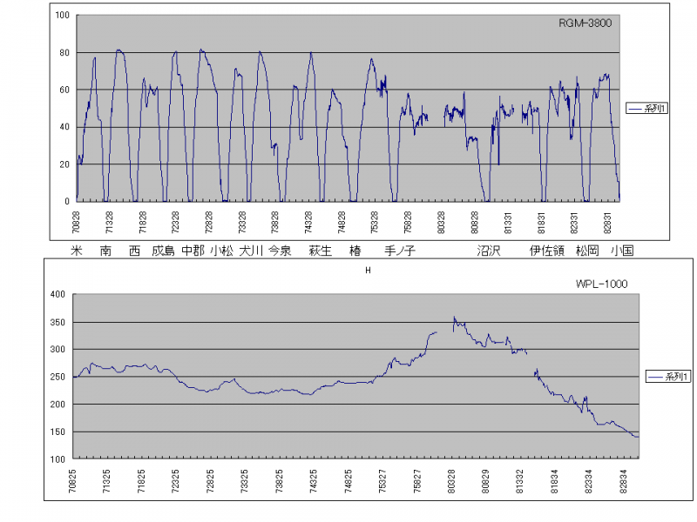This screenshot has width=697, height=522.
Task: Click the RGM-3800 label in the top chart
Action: [585, 23]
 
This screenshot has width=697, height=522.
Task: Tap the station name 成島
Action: [163, 251]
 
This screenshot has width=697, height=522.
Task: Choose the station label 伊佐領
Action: [546, 251]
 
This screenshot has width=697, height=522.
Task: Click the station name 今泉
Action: [279, 251]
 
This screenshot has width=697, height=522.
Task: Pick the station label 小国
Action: [621, 251]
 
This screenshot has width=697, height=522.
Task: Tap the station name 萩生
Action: [320, 251]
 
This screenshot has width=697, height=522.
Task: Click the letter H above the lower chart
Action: [368, 271]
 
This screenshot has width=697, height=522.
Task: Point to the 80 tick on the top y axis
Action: [64, 53]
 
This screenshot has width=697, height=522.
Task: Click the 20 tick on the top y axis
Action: [64, 164]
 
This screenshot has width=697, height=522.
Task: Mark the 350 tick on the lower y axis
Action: [58, 322]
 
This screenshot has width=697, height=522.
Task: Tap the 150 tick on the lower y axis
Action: [58, 432]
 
